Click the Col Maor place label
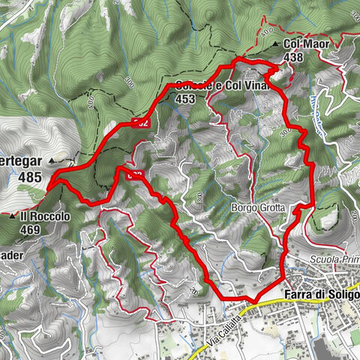click(308, 43)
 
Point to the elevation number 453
click(184, 97)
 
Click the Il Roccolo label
click(46, 215)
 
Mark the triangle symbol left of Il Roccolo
click(13, 216)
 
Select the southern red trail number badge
click(135, 175)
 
